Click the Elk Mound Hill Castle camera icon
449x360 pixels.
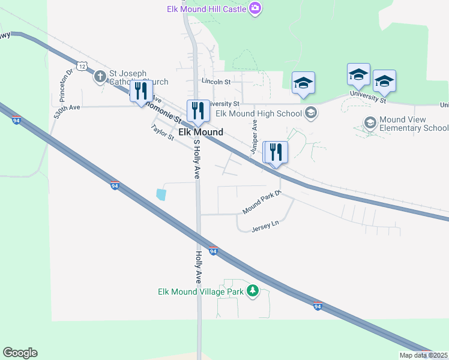[256, 8]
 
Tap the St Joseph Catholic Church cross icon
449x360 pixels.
[100, 76]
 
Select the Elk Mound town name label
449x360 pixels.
[200, 132]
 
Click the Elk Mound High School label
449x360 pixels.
[258, 113]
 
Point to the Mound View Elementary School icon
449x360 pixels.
[370, 123]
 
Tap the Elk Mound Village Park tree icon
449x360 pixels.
[253, 291]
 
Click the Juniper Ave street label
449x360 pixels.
[254, 137]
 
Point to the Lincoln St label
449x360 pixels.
[216, 81]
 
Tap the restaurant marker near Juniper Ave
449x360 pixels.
[276, 152]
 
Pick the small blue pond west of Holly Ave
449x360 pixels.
[161, 194]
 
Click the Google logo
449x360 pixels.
[20, 353]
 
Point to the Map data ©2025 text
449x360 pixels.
[423, 355]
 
